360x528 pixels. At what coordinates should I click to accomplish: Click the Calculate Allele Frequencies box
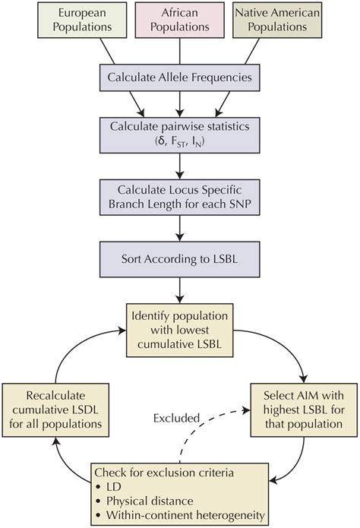point(180,77)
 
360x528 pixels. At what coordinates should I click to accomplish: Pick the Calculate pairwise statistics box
point(180,139)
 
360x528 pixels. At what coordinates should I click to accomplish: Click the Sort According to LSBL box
point(180,258)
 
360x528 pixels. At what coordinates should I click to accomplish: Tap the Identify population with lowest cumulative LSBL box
point(180,327)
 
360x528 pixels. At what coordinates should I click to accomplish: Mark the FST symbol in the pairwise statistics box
point(180,147)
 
